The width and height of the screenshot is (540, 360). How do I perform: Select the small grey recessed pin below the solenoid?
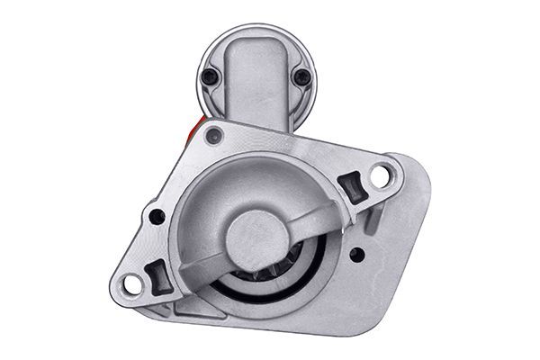pyautogui.click(x=213, y=137)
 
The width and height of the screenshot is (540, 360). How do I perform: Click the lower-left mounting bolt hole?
pyautogui.click(x=132, y=284)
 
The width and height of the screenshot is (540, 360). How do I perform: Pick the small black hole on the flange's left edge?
pyautogui.click(x=157, y=216)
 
